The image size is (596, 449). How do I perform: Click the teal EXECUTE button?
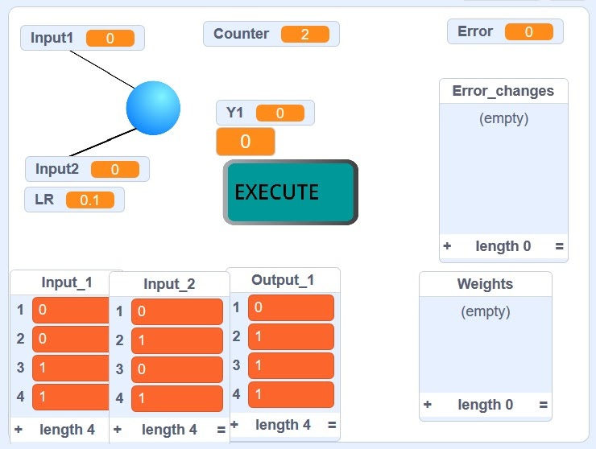point(290,192)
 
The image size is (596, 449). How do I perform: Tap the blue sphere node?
point(153,108)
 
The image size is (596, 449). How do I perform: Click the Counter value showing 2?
point(305,34)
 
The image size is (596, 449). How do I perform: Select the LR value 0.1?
point(90,200)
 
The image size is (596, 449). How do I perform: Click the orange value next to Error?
point(528,31)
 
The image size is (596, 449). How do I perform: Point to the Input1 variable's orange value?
point(110,38)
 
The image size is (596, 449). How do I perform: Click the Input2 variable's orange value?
point(114,170)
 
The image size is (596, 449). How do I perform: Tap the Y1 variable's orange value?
point(279,113)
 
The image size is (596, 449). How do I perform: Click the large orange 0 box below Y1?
point(246,142)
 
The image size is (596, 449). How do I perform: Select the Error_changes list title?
point(503,91)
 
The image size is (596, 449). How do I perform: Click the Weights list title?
point(485,284)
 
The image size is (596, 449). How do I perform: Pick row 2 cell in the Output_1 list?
point(291,336)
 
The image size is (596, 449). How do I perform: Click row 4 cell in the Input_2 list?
point(176,398)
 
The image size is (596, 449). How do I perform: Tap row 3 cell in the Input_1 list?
point(71,368)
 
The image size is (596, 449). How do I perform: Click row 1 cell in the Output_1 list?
point(291,307)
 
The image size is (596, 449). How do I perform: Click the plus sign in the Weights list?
point(428,405)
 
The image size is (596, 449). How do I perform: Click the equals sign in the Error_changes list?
point(559,246)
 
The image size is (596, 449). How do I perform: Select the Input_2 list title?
point(169,284)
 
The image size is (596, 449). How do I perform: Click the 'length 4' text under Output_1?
point(283,425)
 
